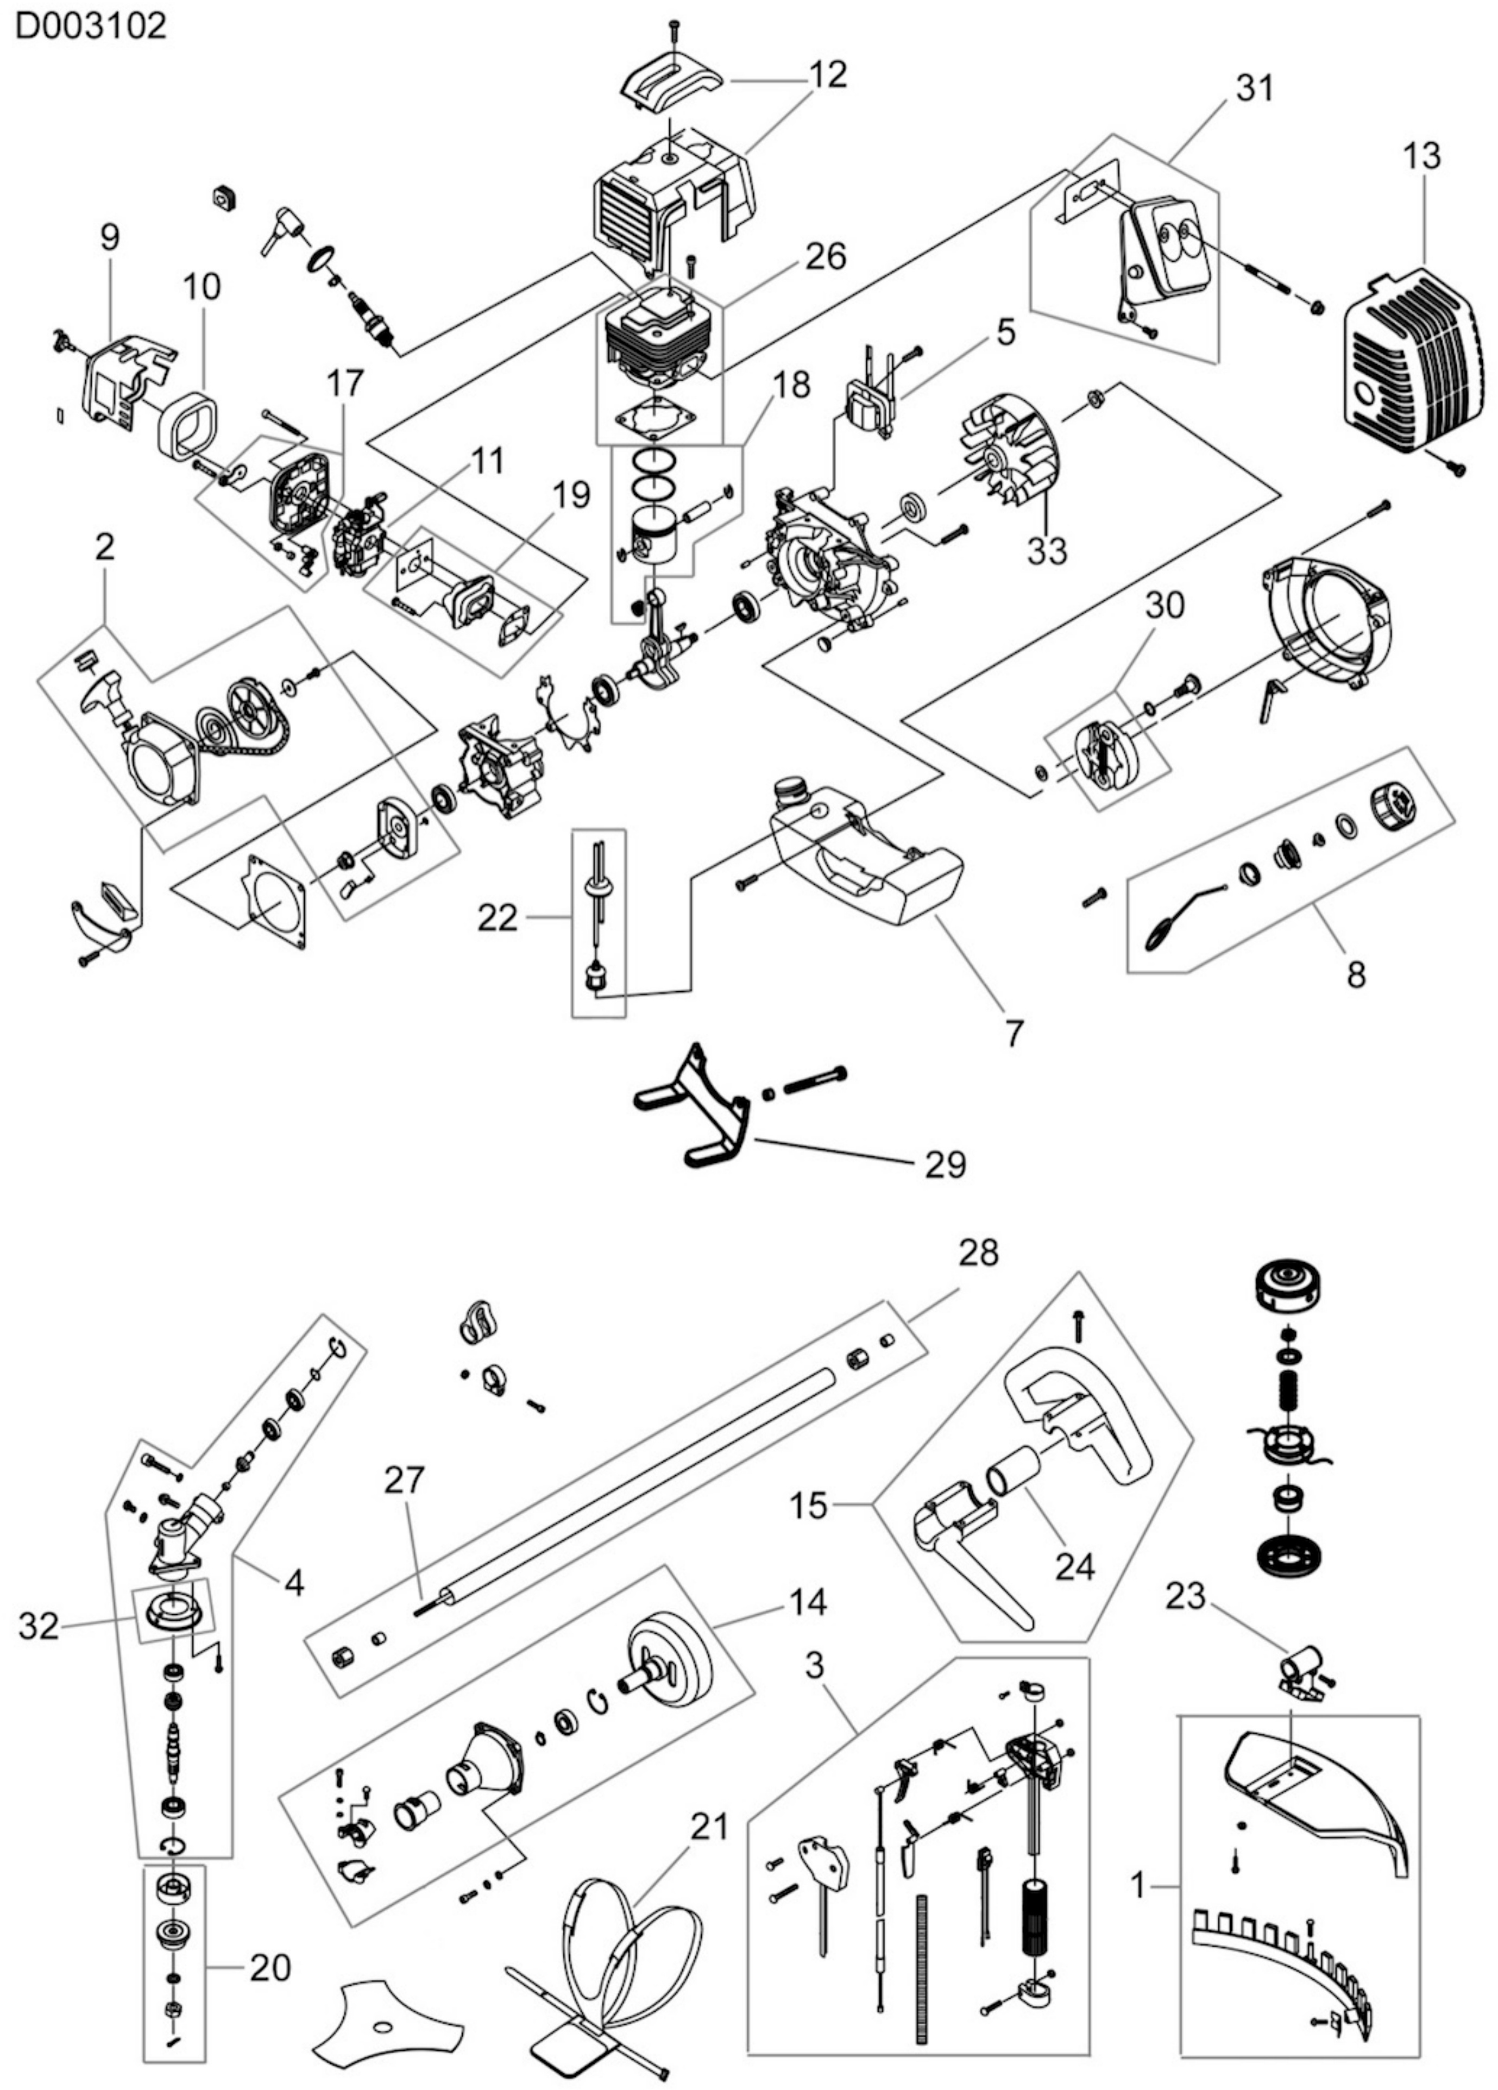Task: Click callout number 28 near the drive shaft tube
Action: (978, 1252)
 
